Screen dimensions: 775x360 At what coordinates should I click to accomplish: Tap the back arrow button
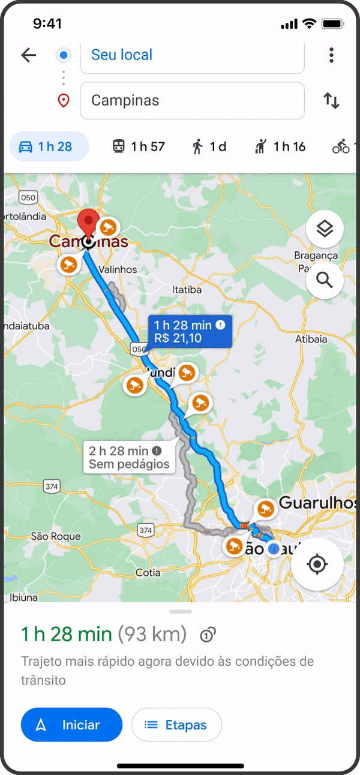coord(28,56)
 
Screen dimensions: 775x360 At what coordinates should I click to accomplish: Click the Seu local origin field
coord(192,56)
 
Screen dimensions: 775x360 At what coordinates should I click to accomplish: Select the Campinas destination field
coord(192,100)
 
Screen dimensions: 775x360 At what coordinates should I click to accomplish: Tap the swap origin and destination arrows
coord(331,100)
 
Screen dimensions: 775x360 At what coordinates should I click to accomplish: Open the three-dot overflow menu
coord(331,56)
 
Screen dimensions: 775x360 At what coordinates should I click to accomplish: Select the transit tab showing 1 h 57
coord(139,146)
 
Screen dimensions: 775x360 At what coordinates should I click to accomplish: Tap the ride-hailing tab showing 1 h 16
coord(280,146)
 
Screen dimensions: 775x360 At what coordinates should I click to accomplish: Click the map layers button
coord(325,229)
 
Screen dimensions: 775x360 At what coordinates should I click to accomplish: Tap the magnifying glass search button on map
coord(325,280)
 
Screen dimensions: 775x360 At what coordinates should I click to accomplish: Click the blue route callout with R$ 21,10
coord(190,332)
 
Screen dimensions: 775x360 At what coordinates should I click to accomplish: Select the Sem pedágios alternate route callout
coord(130,457)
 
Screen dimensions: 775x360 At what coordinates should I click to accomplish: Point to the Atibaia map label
coord(311,340)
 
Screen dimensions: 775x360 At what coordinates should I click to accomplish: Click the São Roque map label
coord(47,536)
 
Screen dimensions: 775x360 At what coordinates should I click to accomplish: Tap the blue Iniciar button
coord(71,725)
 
